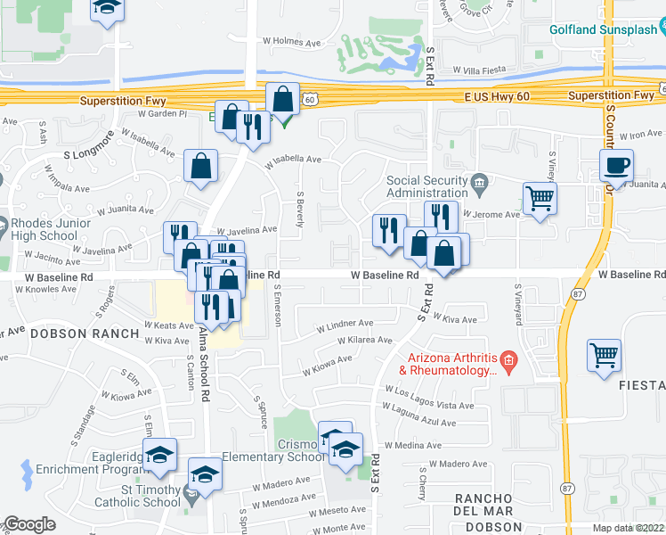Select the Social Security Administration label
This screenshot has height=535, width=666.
pyautogui.click(x=426, y=186)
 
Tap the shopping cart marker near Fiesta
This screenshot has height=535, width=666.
pyautogui.click(x=604, y=355)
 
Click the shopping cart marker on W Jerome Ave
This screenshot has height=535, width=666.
pyautogui.click(x=540, y=198)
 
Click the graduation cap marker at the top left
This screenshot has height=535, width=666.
pyautogui.click(x=107, y=10)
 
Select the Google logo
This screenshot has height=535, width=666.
pyautogui.click(x=29, y=524)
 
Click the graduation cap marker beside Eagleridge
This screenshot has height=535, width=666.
pyautogui.click(x=159, y=455)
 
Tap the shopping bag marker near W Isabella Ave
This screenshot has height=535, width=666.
pyautogui.click(x=201, y=166)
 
